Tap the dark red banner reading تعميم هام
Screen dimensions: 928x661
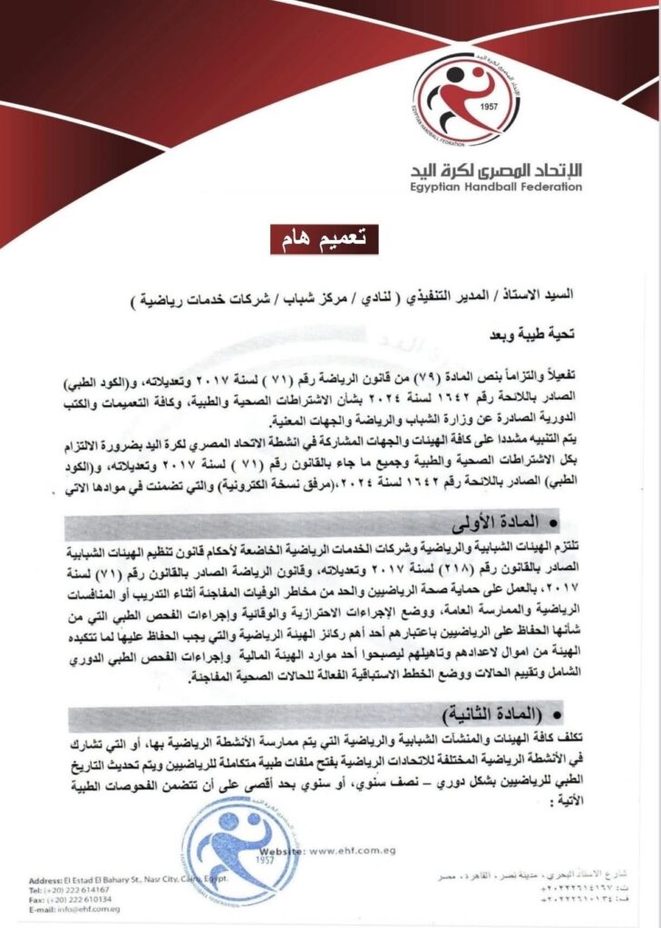click(x=325, y=238)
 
